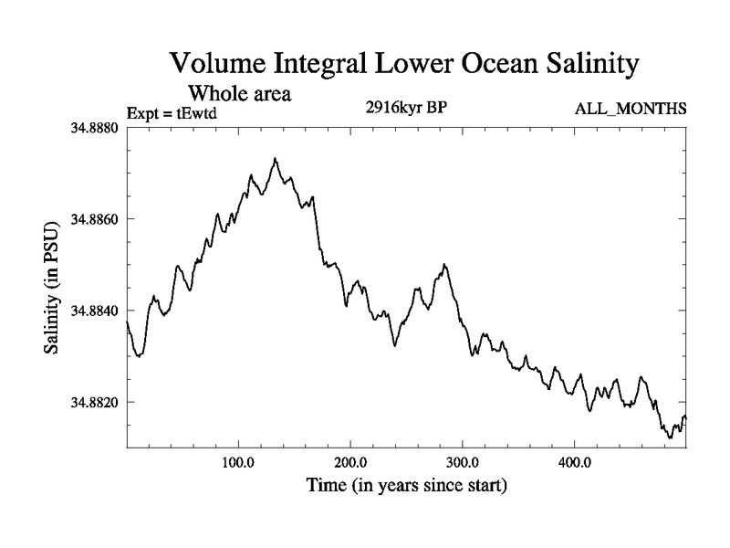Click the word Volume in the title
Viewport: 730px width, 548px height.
click(x=217, y=65)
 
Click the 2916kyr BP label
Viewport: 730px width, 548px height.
click(x=405, y=108)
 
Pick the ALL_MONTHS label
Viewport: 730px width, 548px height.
click(x=629, y=110)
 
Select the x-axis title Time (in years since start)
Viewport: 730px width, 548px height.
click(x=405, y=486)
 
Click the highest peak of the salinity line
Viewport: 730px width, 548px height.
click(x=275, y=159)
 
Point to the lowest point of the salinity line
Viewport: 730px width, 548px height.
click(x=670, y=437)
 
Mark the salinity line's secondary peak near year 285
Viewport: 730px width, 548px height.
click(x=444, y=265)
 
